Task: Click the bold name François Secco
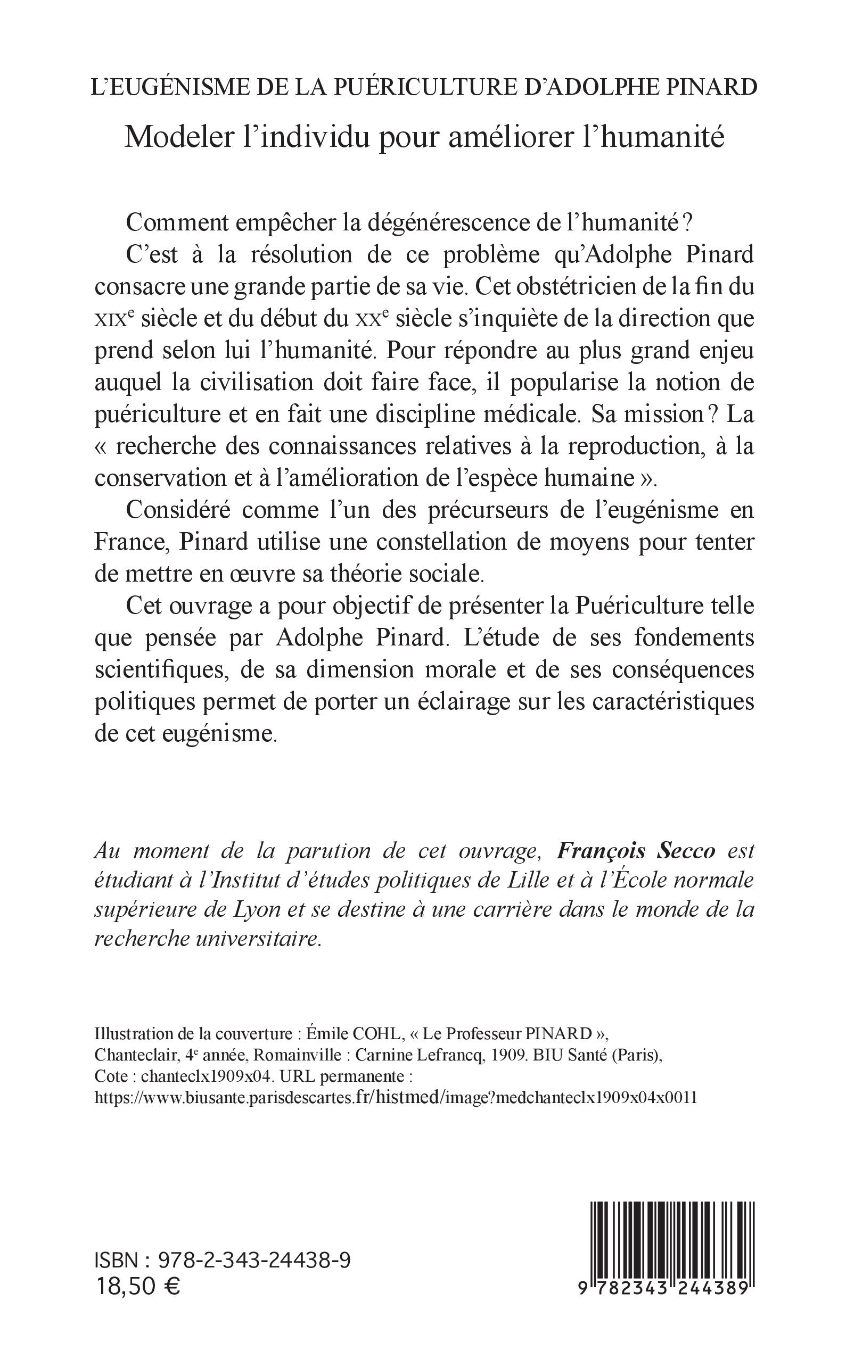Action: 636,851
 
